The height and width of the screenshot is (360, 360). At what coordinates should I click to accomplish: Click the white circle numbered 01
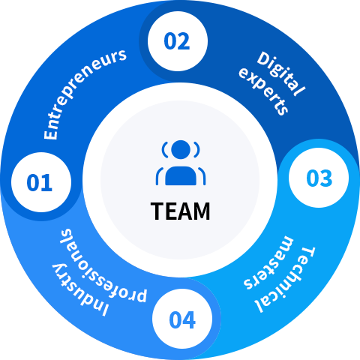[41, 182]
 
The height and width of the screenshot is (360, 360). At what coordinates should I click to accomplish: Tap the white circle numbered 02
[178, 41]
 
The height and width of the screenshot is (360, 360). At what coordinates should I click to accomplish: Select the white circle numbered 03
[319, 178]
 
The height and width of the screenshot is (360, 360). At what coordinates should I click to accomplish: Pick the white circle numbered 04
[182, 319]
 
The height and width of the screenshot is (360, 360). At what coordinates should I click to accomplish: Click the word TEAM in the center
[180, 211]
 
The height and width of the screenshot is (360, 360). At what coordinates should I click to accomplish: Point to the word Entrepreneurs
[85, 93]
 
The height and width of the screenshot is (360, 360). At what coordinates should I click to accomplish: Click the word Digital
[281, 73]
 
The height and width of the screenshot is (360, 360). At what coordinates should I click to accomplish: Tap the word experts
[264, 91]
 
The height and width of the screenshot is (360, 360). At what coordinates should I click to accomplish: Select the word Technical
[285, 280]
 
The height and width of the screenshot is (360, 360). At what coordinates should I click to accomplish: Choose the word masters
[268, 262]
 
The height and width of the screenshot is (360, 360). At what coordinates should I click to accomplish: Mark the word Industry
[80, 290]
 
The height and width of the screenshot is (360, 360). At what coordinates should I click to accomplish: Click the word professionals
[103, 265]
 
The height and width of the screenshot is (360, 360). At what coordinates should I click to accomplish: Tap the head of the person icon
[181, 149]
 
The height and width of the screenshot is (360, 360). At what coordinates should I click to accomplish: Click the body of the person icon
[181, 175]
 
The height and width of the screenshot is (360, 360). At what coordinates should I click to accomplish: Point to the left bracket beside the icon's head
[165, 150]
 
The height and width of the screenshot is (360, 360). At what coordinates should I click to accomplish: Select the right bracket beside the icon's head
[196, 150]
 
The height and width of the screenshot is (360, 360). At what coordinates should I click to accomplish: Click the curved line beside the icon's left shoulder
[158, 175]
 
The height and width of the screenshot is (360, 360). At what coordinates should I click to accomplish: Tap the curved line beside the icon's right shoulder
[203, 175]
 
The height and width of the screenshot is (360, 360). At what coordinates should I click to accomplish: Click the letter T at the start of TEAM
[157, 211]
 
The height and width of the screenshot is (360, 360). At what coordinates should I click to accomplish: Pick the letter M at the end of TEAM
[202, 211]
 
